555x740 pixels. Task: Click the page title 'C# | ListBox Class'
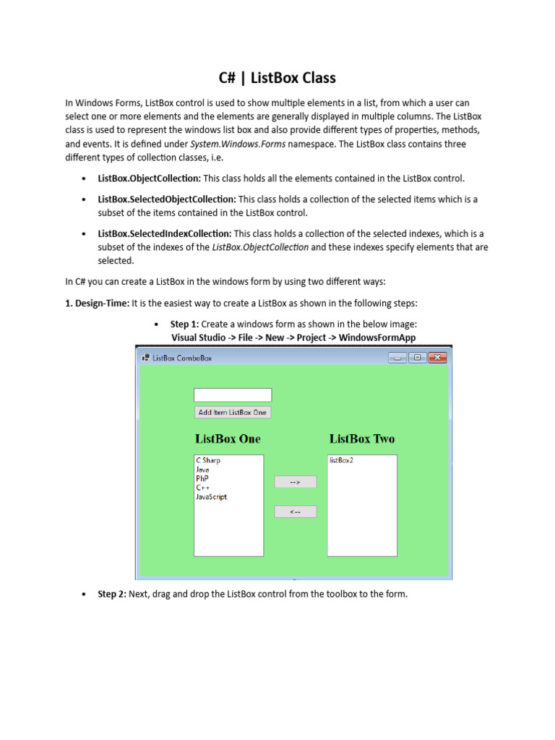[277, 78]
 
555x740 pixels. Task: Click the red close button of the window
[437, 357]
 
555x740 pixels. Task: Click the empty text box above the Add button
[233, 395]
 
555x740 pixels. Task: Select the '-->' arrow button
[295, 482]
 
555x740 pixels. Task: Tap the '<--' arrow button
[295, 512]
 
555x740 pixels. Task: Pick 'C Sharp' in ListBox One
[208, 460]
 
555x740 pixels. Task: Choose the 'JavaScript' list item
[211, 497]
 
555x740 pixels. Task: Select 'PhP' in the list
[202, 478]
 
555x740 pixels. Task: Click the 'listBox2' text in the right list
[341, 460]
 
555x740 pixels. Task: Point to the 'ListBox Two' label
[362, 439]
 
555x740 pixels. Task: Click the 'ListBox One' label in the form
[228, 439]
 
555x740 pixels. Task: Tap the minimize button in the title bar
[397, 357]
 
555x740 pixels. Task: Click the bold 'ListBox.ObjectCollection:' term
[149, 178]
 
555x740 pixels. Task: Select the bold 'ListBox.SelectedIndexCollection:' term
[165, 234]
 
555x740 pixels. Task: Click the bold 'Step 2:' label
[112, 594]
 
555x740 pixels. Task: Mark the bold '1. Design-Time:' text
[97, 302]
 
